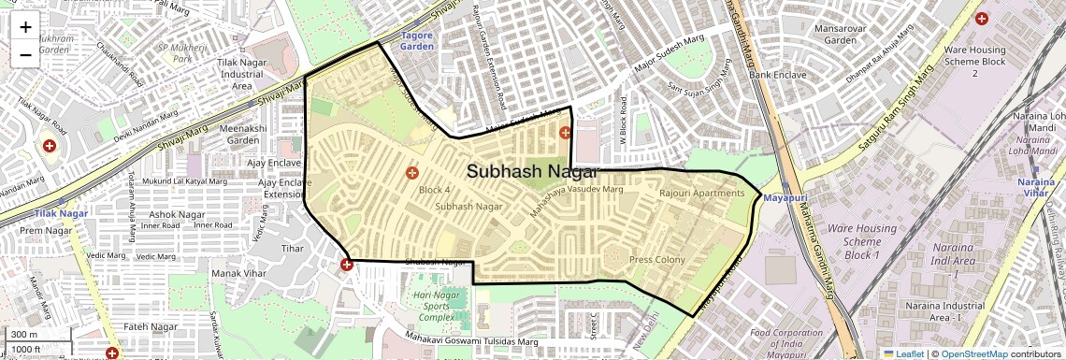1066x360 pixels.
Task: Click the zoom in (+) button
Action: click(x=25, y=27)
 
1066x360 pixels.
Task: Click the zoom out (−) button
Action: click(x=25, y=54)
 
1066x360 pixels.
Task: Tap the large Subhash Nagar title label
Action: click(x=532, y=171)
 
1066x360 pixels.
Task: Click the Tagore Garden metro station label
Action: click(x=417, y=40)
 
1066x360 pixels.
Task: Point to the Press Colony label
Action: click(x=656, y=260)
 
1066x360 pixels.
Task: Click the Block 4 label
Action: click(x=434, y=190)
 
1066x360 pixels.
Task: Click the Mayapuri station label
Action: click(x=785, y=199)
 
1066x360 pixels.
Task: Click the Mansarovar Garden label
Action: click(x=841, y=35)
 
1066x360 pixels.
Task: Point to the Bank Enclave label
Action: click(x=771, y=74)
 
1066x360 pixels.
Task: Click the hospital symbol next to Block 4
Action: click(x=411, y=172)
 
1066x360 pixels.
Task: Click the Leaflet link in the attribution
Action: click(x=903, y=353)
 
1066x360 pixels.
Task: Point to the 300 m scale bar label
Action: click(x=25, y=335)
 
